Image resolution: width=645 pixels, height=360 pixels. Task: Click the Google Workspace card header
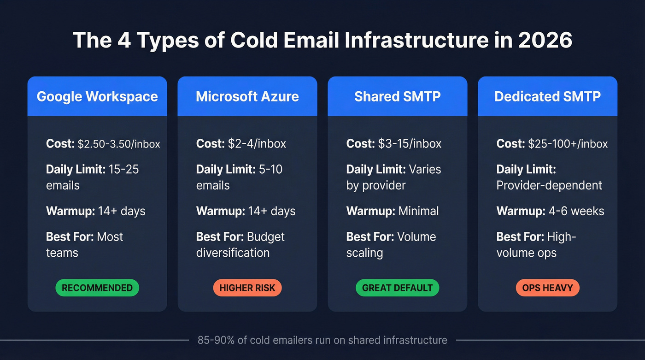tap(97, 96)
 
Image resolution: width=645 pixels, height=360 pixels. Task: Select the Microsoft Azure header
tap(247, 96)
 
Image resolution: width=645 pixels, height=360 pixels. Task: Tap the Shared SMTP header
tap(397, 96)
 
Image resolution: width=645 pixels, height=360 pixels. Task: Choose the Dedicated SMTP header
tap(547, 96)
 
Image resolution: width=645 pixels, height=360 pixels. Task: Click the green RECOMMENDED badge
tap(97, 288)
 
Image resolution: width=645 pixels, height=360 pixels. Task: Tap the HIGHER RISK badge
tap(247, 288)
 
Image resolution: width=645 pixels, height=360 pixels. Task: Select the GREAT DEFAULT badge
tap(397, 288)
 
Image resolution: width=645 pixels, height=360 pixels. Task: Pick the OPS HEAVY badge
tap(547, 288)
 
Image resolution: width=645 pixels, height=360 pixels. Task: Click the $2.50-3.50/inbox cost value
tap(119, 144)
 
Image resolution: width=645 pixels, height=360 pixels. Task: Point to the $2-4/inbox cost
tap(257, 144)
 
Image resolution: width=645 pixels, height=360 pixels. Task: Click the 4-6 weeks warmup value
tap(575, 211)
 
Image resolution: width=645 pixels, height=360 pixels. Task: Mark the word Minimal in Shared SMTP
tap(418, 211)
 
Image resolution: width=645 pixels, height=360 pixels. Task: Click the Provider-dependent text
tap(549, 185)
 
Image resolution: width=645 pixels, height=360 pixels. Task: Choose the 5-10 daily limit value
tap(270, 169)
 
